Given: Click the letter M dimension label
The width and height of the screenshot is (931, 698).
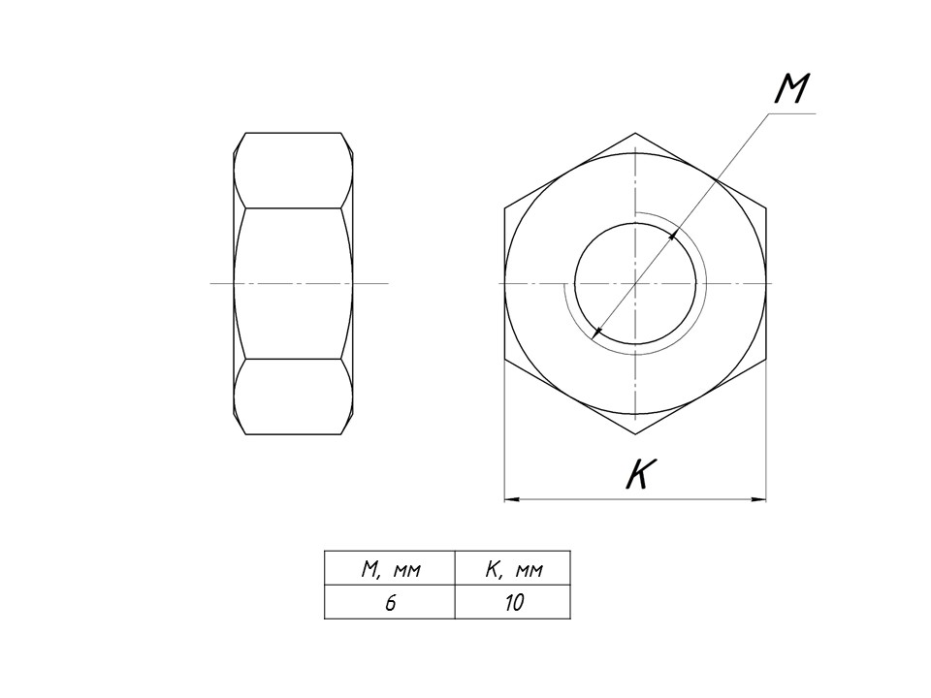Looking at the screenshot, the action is point(792,89).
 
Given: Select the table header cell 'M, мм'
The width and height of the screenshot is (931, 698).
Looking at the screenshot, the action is point(390,568).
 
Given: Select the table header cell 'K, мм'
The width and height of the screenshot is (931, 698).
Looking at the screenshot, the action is point(512,568).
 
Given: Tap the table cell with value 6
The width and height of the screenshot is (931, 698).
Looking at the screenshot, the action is point(390,602).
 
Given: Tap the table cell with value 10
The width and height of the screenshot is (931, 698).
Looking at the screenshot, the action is point(512,602).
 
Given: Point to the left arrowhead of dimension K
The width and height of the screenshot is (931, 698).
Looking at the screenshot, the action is point(512,499).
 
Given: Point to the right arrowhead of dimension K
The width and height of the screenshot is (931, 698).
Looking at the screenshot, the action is point(758,499).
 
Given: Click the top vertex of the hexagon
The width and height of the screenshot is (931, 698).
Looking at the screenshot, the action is point(635,133).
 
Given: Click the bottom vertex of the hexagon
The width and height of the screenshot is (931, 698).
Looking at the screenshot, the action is point(635,434).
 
